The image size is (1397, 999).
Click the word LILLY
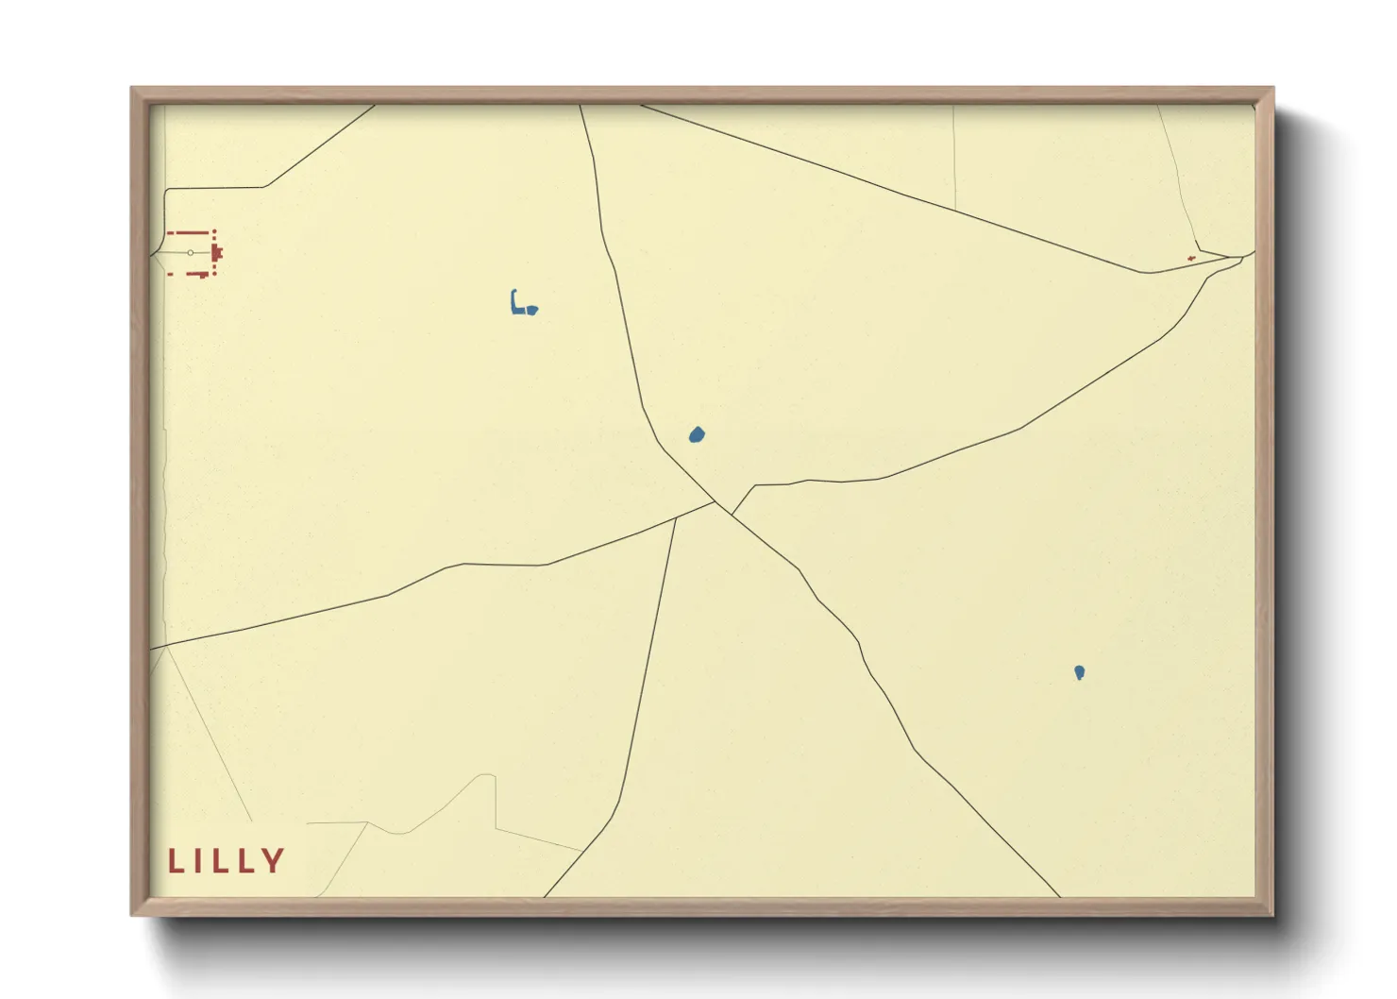pos(227,861)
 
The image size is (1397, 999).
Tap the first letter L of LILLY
pos(174,861)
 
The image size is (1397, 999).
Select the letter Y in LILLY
pos(274,861)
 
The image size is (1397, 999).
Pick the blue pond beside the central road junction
pos(697,435)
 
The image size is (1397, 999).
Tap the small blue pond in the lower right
pos(1079,672)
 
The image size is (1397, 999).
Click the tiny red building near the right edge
pos(1191,258)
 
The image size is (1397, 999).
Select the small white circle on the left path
pos(191,253)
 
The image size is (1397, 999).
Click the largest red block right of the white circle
pos(217,253)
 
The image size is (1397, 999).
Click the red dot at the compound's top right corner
pos(214,231)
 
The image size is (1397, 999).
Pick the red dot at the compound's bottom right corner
pos(214,274)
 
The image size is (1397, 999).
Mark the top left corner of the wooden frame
pos(132,89)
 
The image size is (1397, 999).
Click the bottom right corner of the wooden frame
pos(1272,914)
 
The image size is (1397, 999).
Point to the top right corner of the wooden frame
pos(1272,89)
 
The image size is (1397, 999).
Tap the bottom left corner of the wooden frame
pos(132,914)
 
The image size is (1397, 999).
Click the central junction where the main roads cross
pos(717,503)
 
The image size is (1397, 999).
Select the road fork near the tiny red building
pos(1227,257)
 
